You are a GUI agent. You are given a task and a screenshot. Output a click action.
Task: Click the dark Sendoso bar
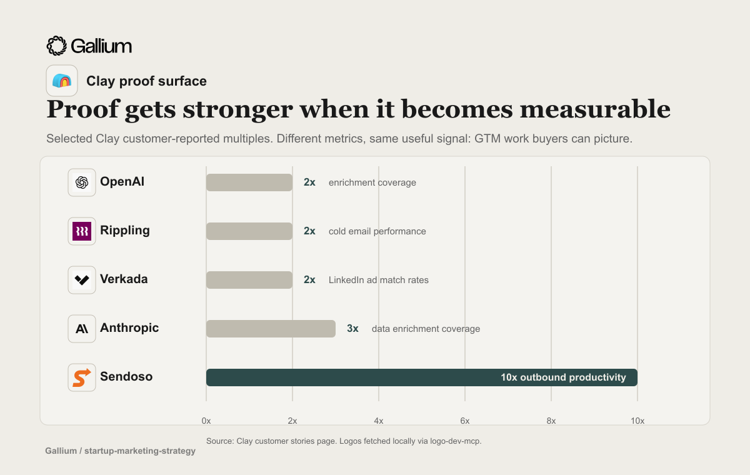[x=421, y=377]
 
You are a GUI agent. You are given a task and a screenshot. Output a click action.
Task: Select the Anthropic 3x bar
[x=271, y=329]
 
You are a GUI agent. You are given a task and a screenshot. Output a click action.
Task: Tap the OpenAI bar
[x=249, y=182]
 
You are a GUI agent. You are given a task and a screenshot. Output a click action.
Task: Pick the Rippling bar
[x=249, y=231]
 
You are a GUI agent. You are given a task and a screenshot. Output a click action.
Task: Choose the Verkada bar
[x=249, y=280]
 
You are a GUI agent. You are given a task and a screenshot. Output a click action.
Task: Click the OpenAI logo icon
[x=82, y=182]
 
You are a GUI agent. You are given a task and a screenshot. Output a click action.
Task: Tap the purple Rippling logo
[x=82, y=231]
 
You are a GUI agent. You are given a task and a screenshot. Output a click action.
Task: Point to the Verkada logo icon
[x=82, y=280]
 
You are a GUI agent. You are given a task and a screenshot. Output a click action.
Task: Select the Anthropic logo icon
[x=82, y=329]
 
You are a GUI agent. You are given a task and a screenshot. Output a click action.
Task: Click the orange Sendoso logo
[x=82, y=377]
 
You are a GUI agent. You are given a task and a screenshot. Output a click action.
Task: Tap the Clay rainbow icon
[x=62, y=81]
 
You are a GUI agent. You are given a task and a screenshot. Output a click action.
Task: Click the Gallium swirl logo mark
[x=57, y=46]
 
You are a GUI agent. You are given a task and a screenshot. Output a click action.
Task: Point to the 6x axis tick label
[x=465, y=421]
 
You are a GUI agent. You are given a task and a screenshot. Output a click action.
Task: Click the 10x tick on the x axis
[x=637, y=421]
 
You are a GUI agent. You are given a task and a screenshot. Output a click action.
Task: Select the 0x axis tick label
[x=206, y=421]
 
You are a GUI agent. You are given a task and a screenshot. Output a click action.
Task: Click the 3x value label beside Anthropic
[x=352, y=328]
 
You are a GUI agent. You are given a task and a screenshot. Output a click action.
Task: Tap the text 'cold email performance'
[x=377, y=231]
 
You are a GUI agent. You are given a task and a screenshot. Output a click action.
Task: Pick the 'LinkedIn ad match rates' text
[x=378, y=280]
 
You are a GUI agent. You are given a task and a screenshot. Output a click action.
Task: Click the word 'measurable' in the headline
[x=595, y=109]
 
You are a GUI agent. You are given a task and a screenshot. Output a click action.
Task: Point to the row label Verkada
[x=124, y=279]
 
